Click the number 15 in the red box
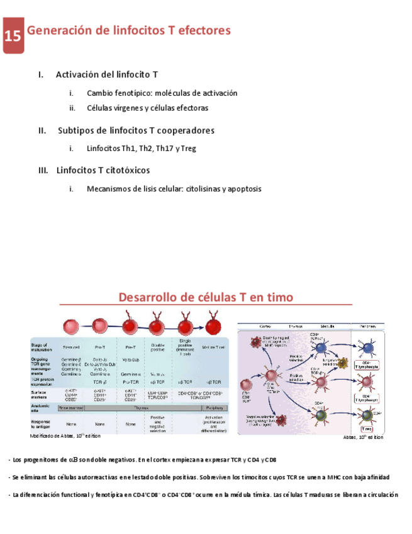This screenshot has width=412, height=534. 13,36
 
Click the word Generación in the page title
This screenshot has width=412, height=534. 58,30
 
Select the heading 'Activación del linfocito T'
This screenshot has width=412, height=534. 106,75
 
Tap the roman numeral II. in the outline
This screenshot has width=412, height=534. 42,130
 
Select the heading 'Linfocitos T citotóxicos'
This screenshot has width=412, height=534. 103,170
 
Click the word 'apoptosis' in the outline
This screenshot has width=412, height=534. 242,189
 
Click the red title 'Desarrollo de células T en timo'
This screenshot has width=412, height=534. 206,297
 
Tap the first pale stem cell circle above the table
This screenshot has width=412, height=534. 70,326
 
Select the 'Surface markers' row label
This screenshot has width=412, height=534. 40,394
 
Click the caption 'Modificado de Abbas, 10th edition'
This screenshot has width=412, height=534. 65,435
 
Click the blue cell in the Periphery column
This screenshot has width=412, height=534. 367,347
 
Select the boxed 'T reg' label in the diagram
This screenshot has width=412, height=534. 367,429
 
